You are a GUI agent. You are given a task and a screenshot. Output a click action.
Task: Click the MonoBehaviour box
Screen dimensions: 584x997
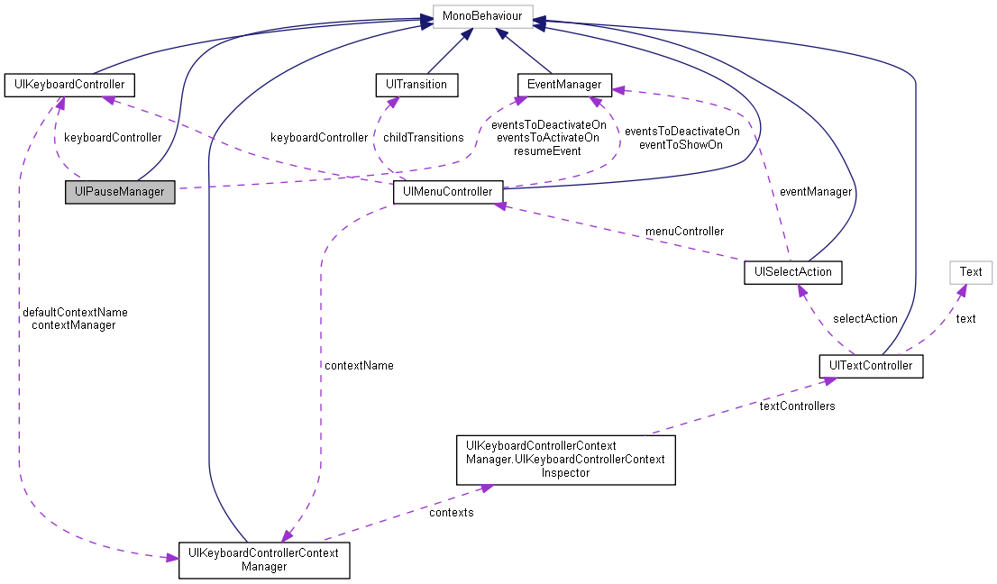(482, 16)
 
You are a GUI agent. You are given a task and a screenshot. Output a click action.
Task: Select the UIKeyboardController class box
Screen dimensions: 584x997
(69, 85)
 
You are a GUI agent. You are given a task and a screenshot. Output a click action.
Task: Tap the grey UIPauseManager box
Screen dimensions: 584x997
(120, 192)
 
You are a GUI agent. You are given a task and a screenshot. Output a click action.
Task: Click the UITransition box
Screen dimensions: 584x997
(416, 85)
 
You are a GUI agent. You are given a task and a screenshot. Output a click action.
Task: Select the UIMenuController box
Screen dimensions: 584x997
(447, 192)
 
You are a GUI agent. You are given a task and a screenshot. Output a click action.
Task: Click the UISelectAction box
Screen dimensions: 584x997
(792, 271)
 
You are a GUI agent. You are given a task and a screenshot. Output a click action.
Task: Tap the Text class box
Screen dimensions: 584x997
(970, 271)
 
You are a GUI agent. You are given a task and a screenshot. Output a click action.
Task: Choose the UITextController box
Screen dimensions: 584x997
(871, 366)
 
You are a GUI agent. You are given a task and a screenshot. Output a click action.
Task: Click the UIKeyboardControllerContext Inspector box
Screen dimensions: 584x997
(566, 460)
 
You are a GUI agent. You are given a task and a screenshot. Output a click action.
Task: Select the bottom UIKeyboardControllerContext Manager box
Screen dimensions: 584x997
(264, 560)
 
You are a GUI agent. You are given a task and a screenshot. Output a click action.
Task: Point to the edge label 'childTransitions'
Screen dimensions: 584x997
(423, 138)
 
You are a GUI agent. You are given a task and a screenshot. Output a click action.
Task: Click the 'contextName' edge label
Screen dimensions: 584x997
(359, 365)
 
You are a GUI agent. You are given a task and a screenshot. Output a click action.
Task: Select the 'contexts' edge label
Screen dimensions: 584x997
(451, 512)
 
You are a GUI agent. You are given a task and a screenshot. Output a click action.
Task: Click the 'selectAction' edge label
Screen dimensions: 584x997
(864, 318)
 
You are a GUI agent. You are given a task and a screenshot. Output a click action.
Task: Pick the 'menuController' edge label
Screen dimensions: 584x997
(684, 232)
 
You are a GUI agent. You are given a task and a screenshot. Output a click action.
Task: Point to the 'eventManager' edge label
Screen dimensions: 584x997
(816, 192)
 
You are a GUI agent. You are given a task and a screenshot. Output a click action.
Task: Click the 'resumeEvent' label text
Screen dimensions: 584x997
(547, 151)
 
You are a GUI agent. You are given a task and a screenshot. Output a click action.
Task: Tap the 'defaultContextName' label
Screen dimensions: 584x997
(75, 312)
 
